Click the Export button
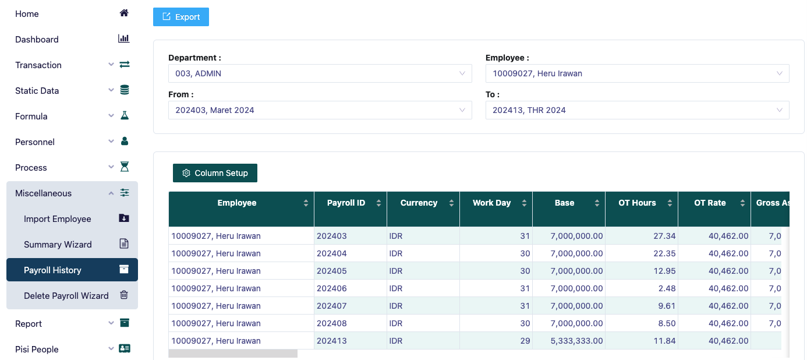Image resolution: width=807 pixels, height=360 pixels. click(181, 17)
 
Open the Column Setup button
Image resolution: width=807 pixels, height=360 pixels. click(215, 173)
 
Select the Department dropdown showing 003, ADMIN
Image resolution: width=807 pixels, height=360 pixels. click(320, 73)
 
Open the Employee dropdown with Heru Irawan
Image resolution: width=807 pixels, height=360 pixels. click(637, 73)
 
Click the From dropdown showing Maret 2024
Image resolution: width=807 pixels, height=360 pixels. click(320, 110)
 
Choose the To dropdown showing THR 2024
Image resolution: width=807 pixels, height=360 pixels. click(637, 110)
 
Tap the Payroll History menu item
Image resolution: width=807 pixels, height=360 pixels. click(72, 270)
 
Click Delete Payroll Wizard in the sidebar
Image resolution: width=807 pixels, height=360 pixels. click(72, 295)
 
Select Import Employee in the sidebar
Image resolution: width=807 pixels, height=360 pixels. click(72, 219)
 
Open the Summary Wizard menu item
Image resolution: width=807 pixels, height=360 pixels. click(72, 245)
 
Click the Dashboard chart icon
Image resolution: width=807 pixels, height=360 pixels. click(123, 38)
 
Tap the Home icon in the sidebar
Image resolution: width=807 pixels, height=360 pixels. click(123, 13)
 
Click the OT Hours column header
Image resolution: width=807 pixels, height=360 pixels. click(637, 203)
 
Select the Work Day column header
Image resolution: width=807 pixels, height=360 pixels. click(491, 203)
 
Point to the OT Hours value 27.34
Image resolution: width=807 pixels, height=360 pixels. click(664, 236)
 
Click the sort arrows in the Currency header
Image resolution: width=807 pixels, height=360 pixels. click(451, 203)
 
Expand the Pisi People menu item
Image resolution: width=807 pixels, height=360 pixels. click(72, 349)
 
